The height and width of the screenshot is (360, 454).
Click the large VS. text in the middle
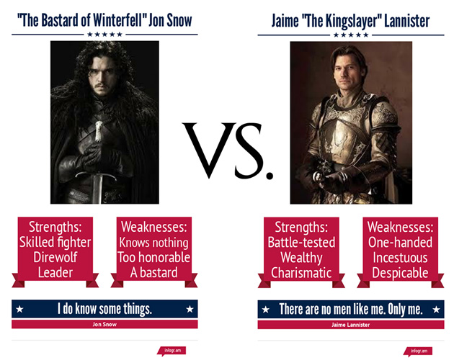tap(228, 150)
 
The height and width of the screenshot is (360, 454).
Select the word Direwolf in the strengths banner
tap(55, 257)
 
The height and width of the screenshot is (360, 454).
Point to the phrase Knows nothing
tap(153, 242)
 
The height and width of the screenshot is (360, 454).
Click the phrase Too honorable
tap(153, 257)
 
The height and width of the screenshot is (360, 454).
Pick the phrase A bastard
tap(153, 273)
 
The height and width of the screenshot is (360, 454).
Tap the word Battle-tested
tap(301, 242)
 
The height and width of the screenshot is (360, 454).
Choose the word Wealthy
tap(301, 258)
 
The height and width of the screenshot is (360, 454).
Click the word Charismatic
tap(301, 273)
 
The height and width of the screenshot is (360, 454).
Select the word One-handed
tap(400, 242)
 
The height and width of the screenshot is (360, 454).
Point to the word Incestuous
tap(400, 258)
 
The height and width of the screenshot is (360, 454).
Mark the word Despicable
tap(400, 273)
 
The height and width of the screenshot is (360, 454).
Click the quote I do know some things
tap(104, 309)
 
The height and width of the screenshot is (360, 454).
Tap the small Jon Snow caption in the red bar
tap(104, 325)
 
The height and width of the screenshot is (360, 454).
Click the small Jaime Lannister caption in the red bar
tap(351, 325)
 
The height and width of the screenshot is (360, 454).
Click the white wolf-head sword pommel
tap(99, 131)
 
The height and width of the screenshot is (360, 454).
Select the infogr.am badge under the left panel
tap(172, 351)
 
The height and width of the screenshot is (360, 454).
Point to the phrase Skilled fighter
tap(55, 242)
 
